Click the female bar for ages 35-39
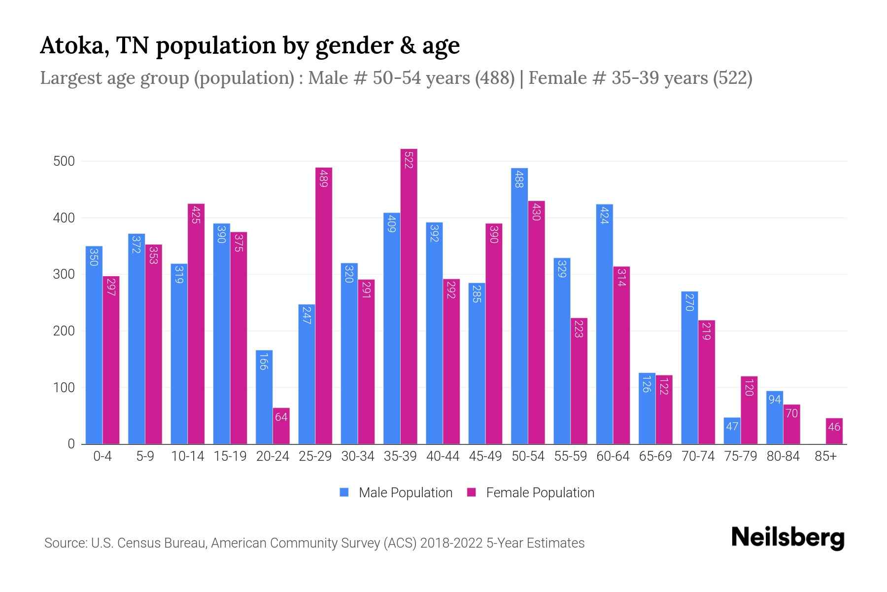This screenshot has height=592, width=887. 409,296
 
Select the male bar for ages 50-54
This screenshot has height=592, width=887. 519,306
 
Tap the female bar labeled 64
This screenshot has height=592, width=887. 281,426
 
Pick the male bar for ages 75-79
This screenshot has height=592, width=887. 732,431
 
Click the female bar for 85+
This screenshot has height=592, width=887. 834,431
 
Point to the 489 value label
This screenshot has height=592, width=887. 324,178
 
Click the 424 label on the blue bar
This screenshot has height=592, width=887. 605,215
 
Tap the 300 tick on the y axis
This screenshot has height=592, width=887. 64,274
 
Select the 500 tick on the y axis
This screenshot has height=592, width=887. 64,161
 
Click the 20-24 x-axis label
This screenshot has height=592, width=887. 273,456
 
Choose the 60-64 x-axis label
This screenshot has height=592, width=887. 613,456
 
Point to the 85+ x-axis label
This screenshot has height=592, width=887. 825,456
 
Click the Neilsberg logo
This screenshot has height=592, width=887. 787,538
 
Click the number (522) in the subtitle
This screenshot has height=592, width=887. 732,78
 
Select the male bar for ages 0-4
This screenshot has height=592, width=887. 94,345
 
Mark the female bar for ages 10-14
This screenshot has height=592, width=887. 196,324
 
